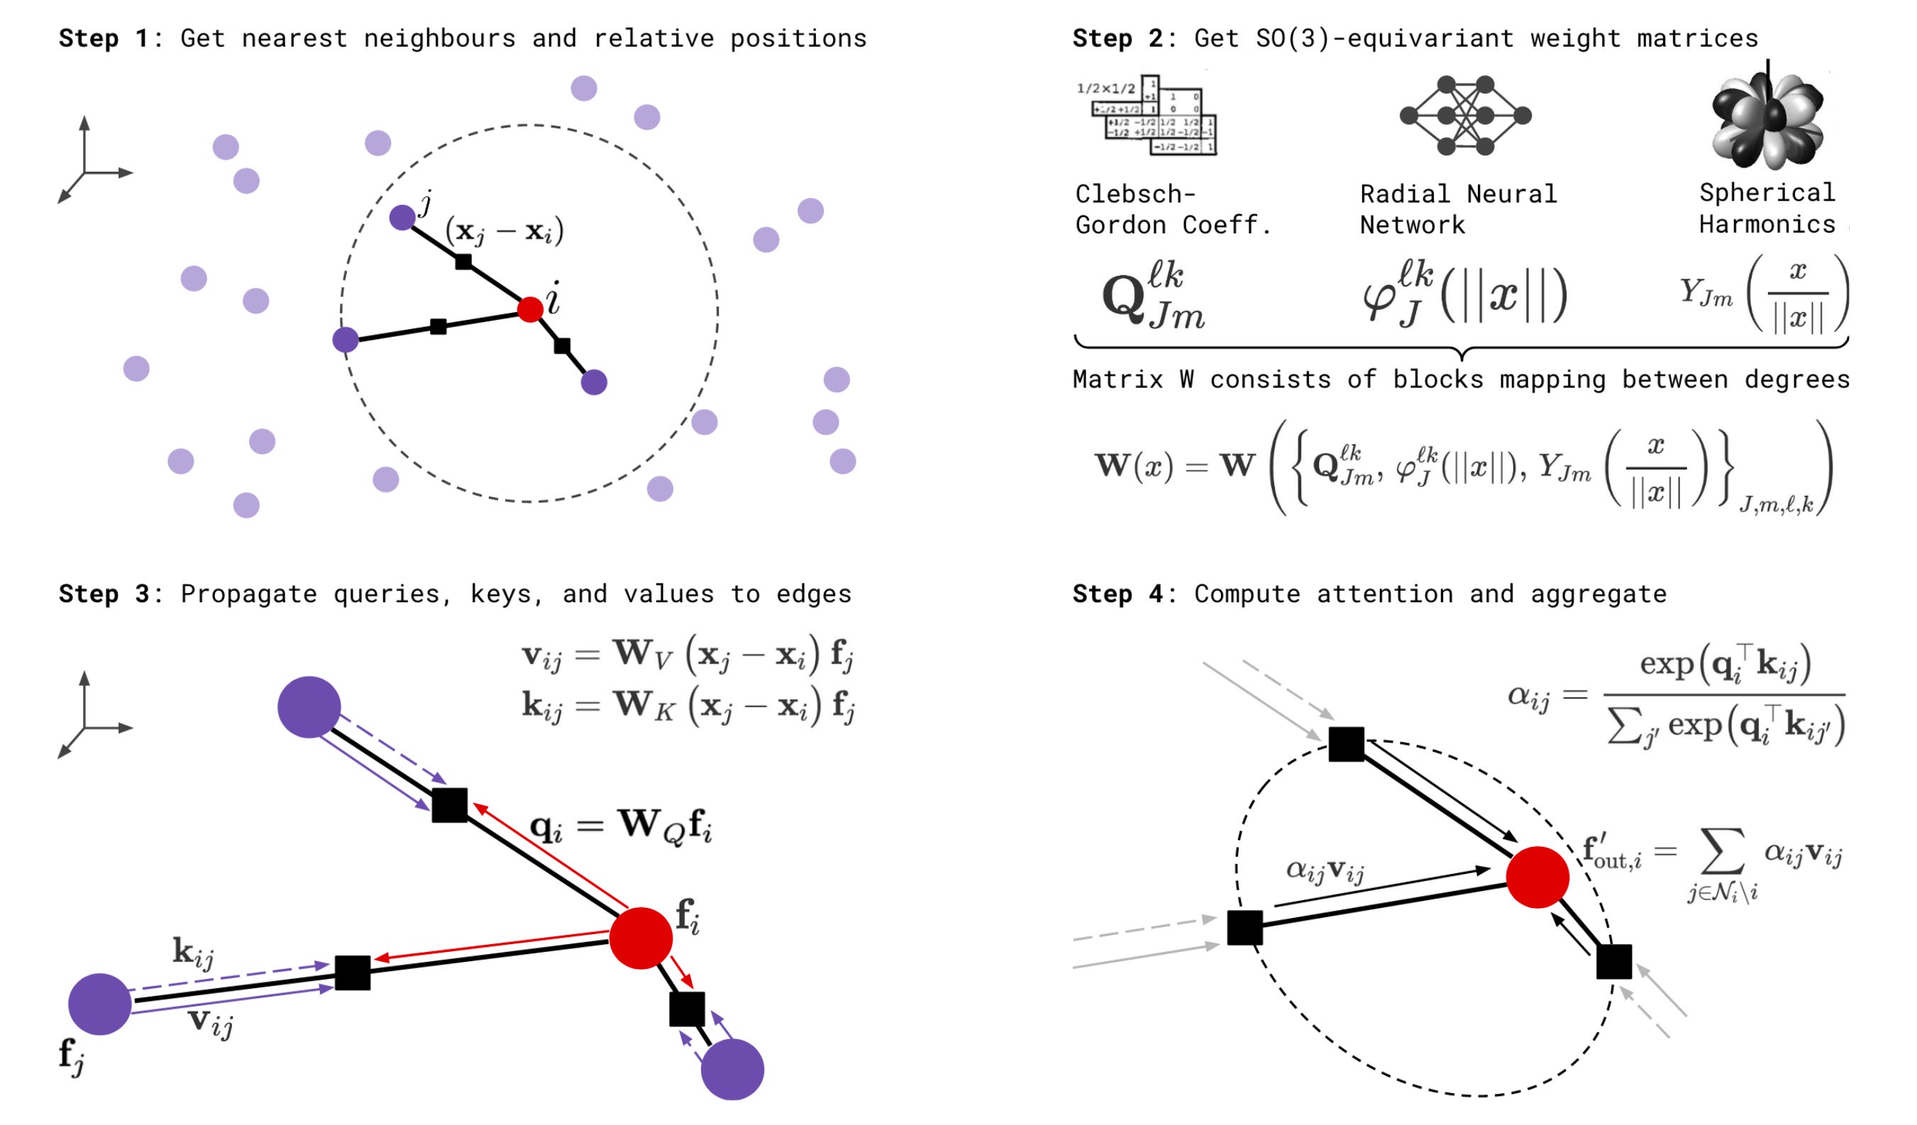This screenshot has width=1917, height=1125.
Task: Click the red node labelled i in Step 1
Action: coord(529,309)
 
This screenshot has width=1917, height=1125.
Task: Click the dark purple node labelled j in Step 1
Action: coord(402,218)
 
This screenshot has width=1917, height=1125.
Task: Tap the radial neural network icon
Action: coord(1465,116)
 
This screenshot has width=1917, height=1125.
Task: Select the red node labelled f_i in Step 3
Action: coord(641,938)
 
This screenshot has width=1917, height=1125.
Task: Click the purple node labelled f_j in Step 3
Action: coord(99,1004)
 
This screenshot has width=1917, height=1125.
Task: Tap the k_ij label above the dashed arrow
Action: coord(193,953)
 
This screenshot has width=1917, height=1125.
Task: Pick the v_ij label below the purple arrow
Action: coord(210,1021)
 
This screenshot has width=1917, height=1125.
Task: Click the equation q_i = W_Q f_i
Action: coord(621,827)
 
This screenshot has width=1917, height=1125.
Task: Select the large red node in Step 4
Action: coord(1537,877)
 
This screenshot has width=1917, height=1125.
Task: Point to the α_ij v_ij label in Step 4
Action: coord(1325,870)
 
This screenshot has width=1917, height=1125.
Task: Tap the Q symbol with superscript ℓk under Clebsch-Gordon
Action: coord(1153,297)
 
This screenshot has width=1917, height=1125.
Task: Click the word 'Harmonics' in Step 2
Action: coord(1767,224)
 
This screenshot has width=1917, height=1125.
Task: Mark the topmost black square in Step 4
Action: coord(1346,744)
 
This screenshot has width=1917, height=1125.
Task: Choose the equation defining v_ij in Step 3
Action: coord(687,655)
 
